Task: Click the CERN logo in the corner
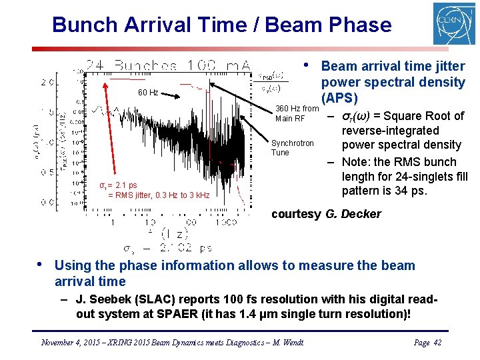point(454,25)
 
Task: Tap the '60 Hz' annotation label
point(148,93)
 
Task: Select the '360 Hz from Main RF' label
point(297,113)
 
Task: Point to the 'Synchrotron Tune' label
point(292,147)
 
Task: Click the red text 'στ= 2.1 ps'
point(118,185)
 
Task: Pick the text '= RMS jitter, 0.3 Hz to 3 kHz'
point(159,195)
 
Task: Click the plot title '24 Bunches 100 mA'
point(167,65)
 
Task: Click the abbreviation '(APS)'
point(340,99)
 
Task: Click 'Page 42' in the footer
point(427,342)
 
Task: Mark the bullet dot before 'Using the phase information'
point(42,263)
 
